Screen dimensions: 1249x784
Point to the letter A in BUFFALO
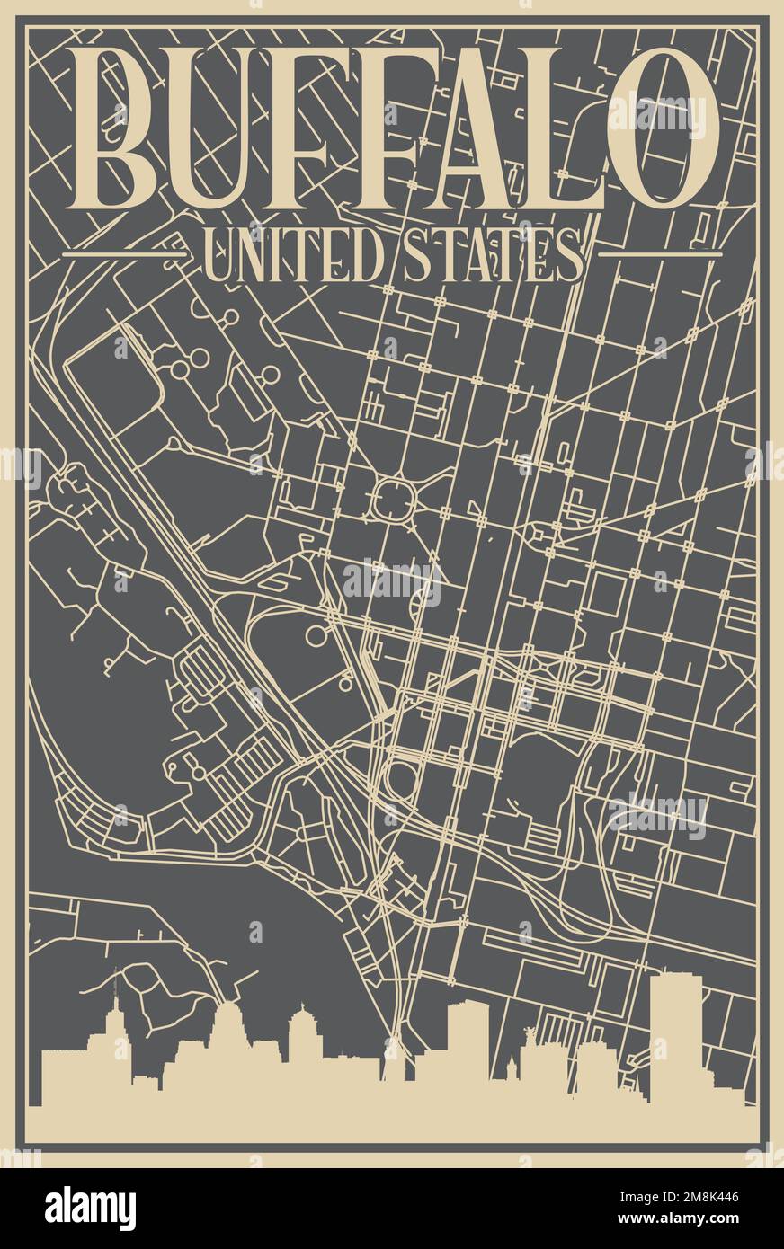coord(486,128)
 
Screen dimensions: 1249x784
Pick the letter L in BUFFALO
coord(566,128)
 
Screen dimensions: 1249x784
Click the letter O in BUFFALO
coord(663,128)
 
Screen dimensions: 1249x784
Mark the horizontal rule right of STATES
coord(660,255)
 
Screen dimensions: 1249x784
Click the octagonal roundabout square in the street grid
coord(393,500)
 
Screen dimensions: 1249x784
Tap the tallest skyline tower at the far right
coord(676,1033)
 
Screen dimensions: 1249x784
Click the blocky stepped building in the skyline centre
coord(468,1042)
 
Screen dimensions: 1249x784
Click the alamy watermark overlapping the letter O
coord(657,114)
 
